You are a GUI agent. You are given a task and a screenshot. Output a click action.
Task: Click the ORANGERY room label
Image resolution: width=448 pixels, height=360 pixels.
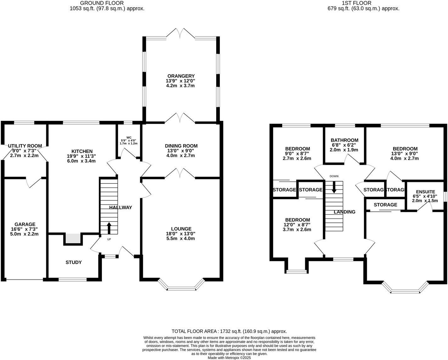tap(181, 76)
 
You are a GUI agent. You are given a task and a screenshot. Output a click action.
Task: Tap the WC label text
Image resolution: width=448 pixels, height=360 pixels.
tap(129, 138)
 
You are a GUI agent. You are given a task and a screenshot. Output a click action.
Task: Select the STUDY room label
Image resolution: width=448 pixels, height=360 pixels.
tap(74, 262)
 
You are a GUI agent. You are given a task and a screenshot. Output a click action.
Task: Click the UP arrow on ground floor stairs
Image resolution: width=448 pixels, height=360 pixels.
tap(109, 228)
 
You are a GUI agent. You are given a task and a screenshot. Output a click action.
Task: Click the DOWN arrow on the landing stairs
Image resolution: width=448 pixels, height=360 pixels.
tap(334, 187)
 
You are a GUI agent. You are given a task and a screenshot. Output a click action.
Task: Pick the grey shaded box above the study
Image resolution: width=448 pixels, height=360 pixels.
tap(73, 239)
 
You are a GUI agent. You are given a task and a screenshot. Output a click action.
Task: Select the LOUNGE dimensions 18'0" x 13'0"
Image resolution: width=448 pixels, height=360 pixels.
tap(181, 233)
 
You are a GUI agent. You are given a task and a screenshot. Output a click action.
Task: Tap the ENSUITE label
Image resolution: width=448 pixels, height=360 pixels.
tap(425, 192)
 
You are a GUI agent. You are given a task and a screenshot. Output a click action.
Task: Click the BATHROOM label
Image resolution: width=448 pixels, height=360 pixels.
tap(344, 140)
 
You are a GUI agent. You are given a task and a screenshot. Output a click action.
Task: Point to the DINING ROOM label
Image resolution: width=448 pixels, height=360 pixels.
tap(181, 146)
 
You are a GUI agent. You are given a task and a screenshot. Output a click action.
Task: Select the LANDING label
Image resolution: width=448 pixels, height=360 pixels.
tap(344, 212)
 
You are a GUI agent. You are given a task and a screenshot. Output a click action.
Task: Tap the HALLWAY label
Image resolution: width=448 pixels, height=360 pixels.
tap(120, 207)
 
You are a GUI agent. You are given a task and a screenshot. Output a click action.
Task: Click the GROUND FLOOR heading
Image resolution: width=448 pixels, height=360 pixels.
tap(98, 3)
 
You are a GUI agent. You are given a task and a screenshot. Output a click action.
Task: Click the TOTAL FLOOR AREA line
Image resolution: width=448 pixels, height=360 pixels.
tap(229, 331)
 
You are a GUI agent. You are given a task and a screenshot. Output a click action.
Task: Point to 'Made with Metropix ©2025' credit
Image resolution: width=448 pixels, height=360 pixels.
tap(229, 357)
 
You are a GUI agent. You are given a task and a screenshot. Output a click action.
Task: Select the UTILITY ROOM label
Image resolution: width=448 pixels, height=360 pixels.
tap(25, 146)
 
